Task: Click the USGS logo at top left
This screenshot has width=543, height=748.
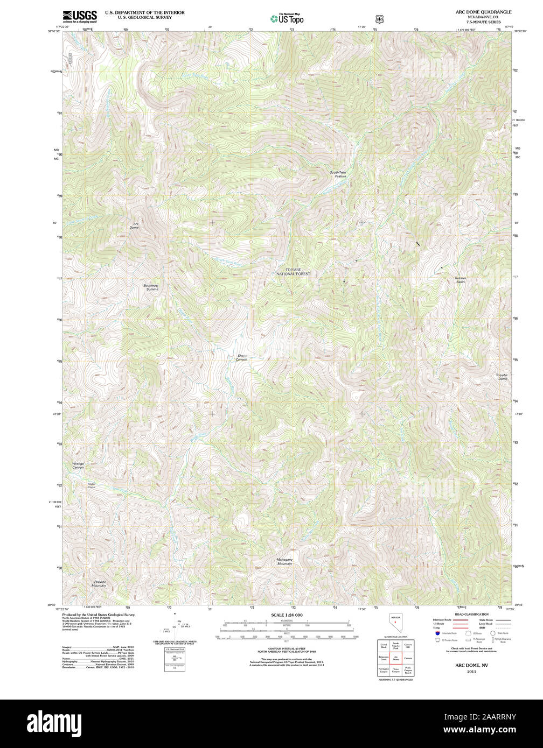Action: pos(80,16)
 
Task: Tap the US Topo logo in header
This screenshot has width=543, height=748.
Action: pos(287,18)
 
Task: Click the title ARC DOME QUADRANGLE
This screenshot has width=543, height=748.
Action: pos(483,12)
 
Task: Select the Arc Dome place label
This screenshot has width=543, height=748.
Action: pos(134,225)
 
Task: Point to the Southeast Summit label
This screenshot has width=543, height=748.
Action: pos(151,287)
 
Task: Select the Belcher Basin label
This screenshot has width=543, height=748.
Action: pos(460,280)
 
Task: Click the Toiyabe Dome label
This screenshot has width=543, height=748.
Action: pos(502,377)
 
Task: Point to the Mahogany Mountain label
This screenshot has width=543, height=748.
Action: pos(284,562)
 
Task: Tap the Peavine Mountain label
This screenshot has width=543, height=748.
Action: pos(99,583)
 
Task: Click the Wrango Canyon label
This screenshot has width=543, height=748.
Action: pos(78,465)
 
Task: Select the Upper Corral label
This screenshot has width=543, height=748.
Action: pos(92,485)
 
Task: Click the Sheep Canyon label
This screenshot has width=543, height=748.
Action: pos(241,357)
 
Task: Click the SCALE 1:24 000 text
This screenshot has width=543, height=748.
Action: pos(287,615)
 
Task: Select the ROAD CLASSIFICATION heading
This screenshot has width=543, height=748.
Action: pos(471,615)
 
